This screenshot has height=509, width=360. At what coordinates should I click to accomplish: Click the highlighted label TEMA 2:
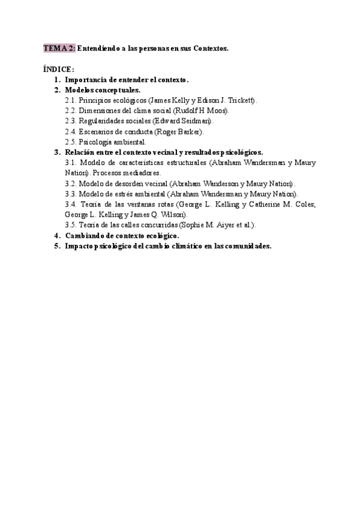tap(59, 49)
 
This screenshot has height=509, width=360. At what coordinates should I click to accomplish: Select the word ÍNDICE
tap(58, 70)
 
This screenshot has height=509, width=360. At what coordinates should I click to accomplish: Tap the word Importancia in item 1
tap(86, 80)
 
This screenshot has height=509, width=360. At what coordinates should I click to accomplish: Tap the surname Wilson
tap(174, 214)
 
